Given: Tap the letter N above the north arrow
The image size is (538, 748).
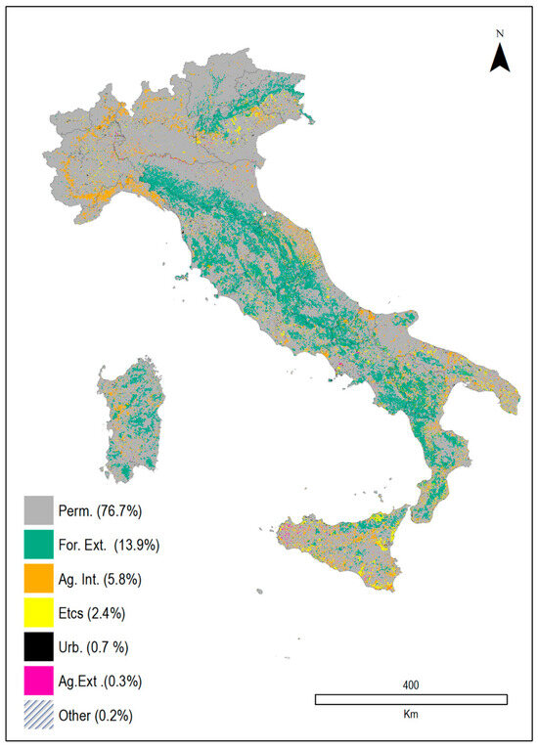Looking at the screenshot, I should point(499,34).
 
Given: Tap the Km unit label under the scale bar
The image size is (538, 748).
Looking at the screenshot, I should point(411,715).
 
